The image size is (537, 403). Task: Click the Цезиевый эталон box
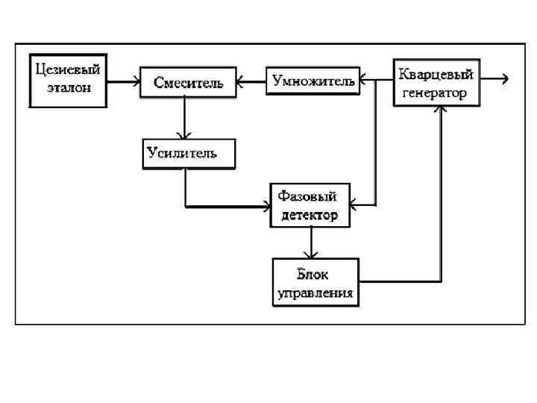point(67,77)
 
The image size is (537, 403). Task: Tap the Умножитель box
point(312,81)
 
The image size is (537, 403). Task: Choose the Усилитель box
point(188,154)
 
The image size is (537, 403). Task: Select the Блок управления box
point(315,281)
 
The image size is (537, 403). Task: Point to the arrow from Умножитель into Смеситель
point(251,81)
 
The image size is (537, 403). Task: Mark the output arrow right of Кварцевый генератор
point(496,78)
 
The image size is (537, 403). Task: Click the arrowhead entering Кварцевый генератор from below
point(442,110)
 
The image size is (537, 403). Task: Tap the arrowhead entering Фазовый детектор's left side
point(269,205)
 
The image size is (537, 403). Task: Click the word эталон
point(67,87)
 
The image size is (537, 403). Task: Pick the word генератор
point(435,93)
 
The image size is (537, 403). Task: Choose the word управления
point(315,293)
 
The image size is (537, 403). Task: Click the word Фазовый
point(307,197)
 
